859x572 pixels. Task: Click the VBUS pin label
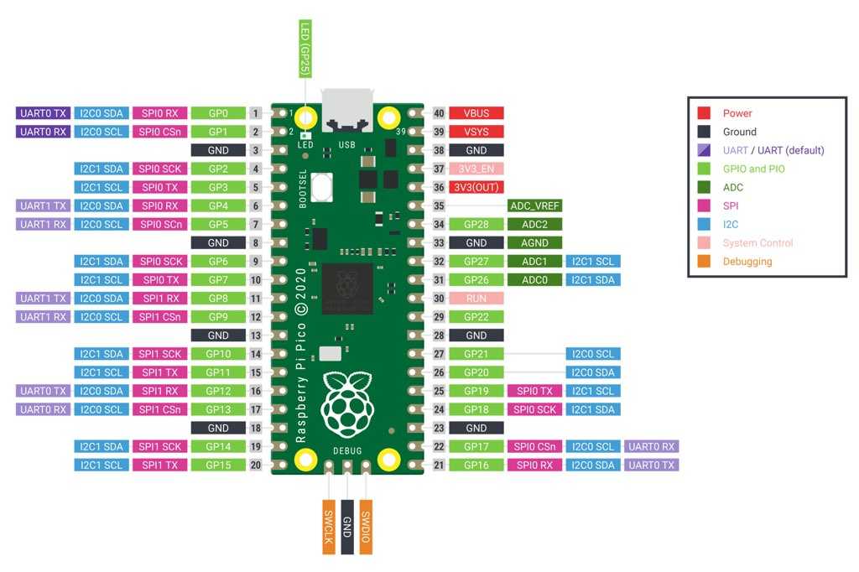click(x=476, y=113)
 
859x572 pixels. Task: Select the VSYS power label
click(x=476, y=132)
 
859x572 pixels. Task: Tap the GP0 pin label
click(x=217, y=113)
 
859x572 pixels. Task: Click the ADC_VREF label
click(x=534, y=205)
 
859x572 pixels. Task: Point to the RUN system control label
click(x=476, y=298)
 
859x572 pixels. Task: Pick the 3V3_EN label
click(x=476, y=169)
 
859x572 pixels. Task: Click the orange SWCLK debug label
click(x=329, y=526)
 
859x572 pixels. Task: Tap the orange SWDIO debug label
click(x=365, y=526)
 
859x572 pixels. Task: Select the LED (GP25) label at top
click(x=305, y=49)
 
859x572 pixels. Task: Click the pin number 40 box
click(x=438, y=113)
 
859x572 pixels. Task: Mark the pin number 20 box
click(x=256, y=465)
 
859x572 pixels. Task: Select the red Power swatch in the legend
click(x=705, y=113)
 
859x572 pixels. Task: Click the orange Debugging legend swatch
click(x=705, y=261)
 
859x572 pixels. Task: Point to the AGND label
click(x=534, y=242)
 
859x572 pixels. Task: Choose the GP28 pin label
click(x=476, y=224)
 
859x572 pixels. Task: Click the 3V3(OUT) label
click(x=476, y=187)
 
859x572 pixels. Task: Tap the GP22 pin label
click(x=476, y=316)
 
